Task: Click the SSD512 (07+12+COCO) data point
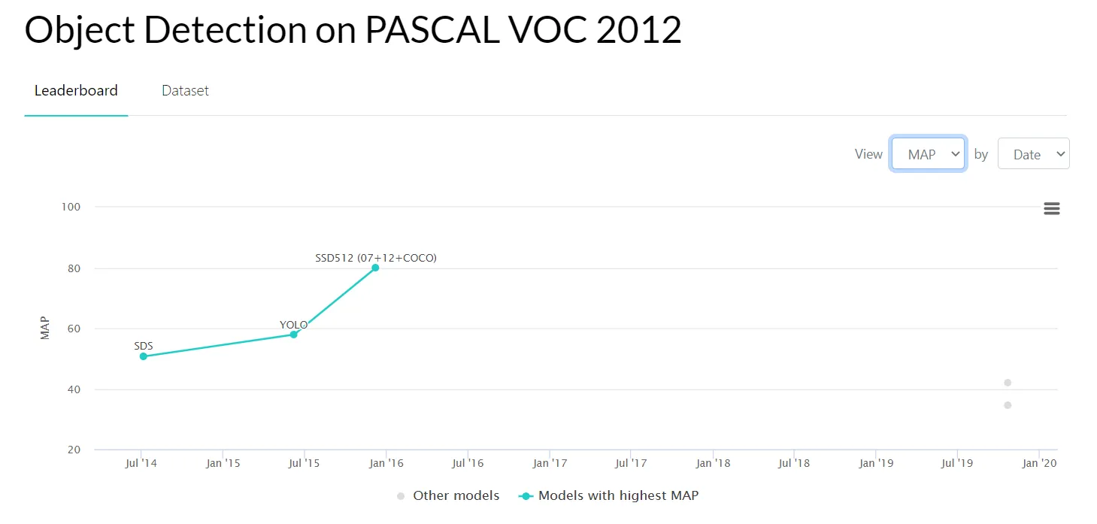click(x=375, y=268)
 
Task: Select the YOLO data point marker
click(x=294, y=334)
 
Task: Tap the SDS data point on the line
click(x=143, y=356)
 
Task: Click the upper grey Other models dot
click(x=1008, y=383)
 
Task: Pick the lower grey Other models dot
click(x=1008, y=405)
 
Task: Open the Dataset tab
click(x=185, y=90)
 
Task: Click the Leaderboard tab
click(x=76, y=90)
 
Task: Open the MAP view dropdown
click(x=928, y=154)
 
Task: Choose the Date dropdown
click(x=1033, y=154)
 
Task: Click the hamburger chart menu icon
click(x=1051, y=209)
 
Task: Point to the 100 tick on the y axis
click(x=71, y=207)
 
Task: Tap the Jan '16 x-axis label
click(x=386, y=463)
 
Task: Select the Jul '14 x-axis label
click(x=141, y=463)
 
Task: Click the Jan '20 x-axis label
click(x=1040, y=463)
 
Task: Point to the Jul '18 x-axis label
click(x=794, y=463)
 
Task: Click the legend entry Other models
click(x=456, y=495)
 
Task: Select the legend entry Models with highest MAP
click(x=618, y=495)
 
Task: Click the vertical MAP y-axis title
click(x=45, y=329)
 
